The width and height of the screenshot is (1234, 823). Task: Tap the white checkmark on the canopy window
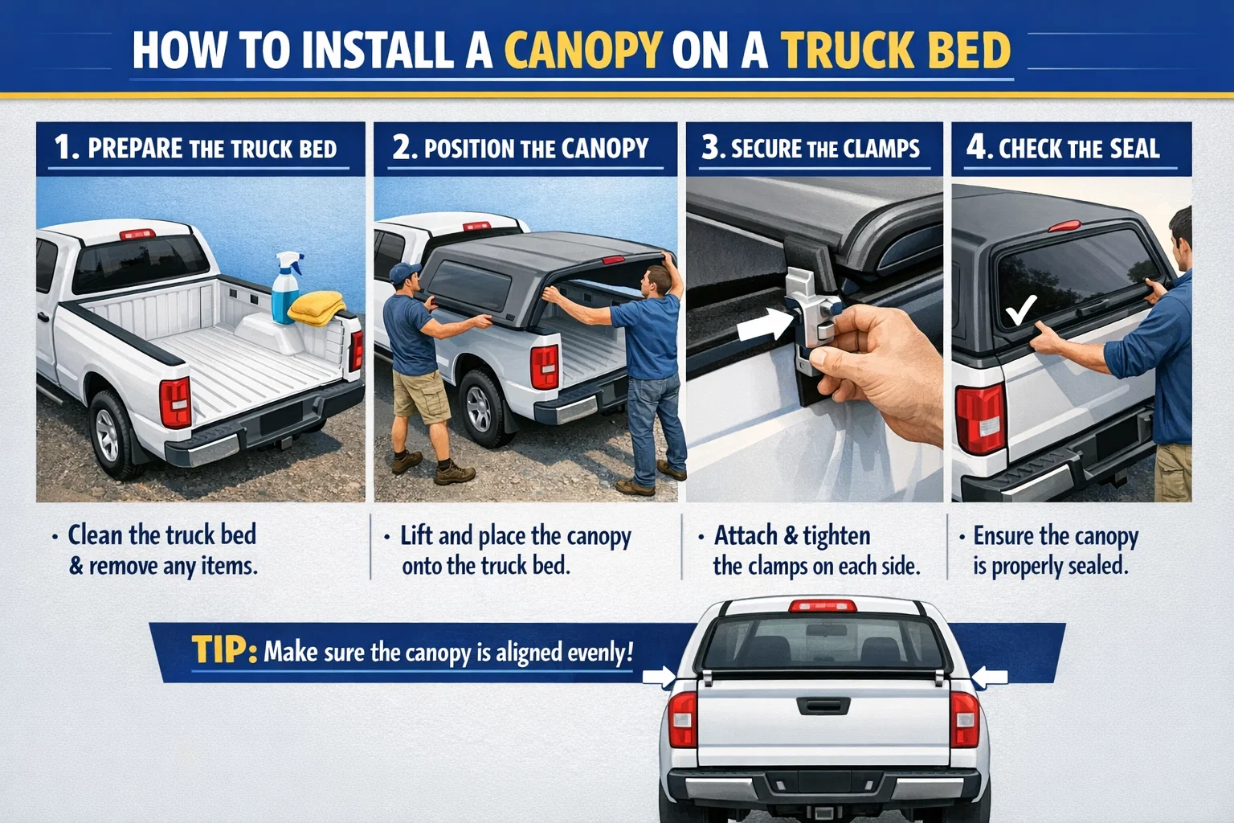tap(1021, 309)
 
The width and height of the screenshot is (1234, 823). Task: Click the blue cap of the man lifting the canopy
tap(404, 272)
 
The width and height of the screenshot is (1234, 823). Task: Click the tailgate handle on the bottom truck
tap(823, 705)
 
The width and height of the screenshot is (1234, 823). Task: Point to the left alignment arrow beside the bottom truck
tap(660, 678)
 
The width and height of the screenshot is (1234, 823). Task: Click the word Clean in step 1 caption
tap(96, 535)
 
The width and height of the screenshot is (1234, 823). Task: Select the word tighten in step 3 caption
tap(836, 535)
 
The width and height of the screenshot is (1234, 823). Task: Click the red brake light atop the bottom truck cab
tap(823, 606)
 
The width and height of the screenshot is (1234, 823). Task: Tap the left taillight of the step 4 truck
tap(979, 419)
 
